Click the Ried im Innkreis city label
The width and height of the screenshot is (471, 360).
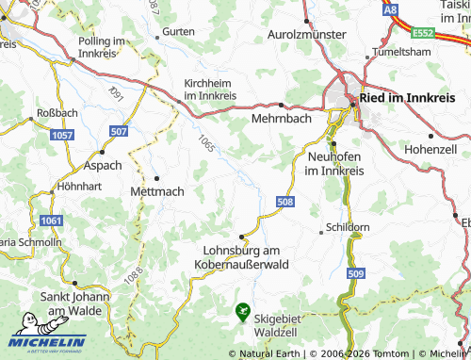pyautogui.click(x=408, y=99)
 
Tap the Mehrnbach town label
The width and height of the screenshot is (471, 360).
pyautogui.click(x=280, y=120)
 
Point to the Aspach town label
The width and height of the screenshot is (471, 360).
pyautogui.click(x=103, y=164)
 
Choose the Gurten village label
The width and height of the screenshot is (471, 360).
pyautogui.click(x=179, y=31)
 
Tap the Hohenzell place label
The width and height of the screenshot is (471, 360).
pyautogui.click(x=430, y=149)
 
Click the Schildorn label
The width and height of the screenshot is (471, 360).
pyautogui.click(x=348, y=228)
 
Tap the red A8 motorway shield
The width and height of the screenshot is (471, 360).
pyautogui.click(x=390, y=9)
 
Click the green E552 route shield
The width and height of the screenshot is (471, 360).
pyautogui.click(x=422, y=32)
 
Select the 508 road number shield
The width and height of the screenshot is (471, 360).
pyautogui.click(x=285, y=202)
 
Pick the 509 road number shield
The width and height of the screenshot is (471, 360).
pyautogui.click(x=354, y=273)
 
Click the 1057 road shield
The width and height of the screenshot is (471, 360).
pyautogui.click(x=63, y=137)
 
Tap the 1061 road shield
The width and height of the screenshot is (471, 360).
pyautogui.click(x=52, y=221)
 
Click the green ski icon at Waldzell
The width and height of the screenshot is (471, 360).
pyautogui.click(x=242, y=308)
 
